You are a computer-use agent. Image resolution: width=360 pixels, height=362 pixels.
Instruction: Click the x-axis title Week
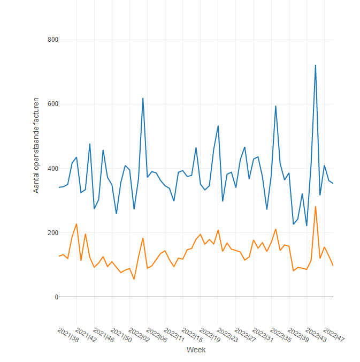[x=196, y=350]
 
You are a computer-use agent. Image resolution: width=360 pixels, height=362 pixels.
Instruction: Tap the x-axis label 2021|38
[x=68, y=335]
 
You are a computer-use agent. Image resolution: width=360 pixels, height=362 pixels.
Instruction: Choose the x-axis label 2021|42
[x=86, y=335]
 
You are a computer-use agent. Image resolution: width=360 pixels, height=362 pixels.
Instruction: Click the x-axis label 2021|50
[x=121, y=335]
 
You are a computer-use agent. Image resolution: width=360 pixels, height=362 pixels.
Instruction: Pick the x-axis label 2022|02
[x=139, y=335]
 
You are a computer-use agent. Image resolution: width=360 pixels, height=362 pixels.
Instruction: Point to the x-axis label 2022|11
[x=174, y=335]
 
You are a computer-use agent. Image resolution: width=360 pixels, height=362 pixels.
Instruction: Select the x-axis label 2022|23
[x=227, y=335]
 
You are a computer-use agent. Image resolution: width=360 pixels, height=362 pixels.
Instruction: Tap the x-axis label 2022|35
[x=280, y=335]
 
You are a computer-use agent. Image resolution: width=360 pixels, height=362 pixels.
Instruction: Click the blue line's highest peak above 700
[x=316, y=65]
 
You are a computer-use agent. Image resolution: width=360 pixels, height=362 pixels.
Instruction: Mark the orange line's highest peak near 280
[x=316, y=206]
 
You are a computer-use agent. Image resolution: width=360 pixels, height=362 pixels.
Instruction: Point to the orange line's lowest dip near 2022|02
[x=134, y=279]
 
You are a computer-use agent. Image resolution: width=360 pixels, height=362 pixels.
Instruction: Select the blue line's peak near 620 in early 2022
[x=143, y=98]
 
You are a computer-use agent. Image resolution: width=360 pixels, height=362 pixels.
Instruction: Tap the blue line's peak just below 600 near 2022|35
[x=275, y=106]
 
